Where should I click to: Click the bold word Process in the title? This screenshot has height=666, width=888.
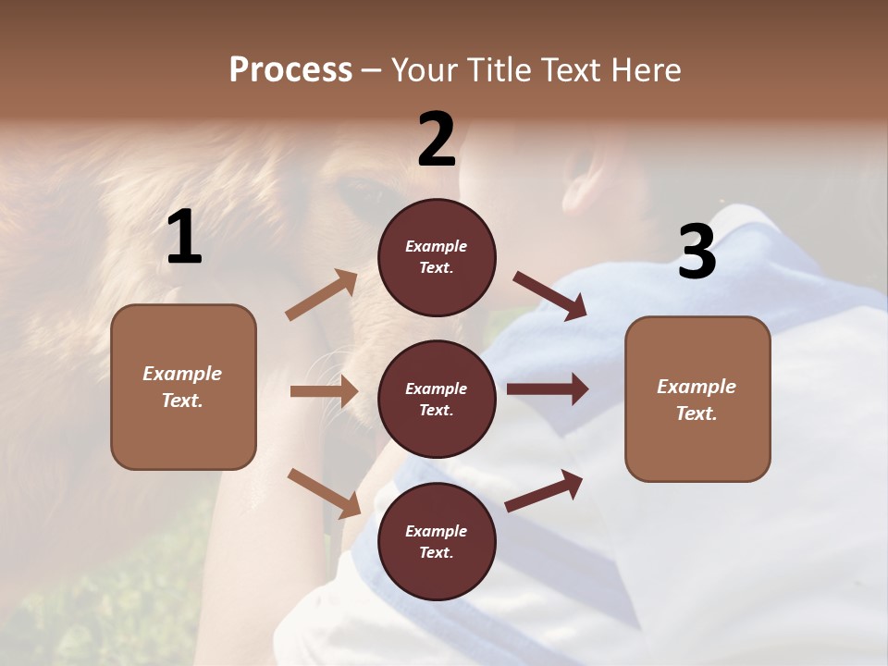[x=290, y=70]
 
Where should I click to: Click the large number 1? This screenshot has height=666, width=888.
[x=184, y=239]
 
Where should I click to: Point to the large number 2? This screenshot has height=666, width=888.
[x=437, y=141]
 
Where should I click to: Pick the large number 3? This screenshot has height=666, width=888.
[x=697, y=252]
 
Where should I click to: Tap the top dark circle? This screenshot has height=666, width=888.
[x=437, y=257]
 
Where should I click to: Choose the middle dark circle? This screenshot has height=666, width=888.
[x=437, y=400]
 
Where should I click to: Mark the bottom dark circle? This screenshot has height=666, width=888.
[x=437, y=542]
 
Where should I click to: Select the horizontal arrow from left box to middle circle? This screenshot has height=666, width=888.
[x=324, y=391]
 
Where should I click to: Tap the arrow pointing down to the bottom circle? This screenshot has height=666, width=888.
[x=324, y=492]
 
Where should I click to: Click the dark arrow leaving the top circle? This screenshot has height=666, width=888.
[x=550, y=296]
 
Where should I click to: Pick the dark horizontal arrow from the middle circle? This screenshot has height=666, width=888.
[x=547, y=389]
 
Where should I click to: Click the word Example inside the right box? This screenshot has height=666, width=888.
[x=697, y=387]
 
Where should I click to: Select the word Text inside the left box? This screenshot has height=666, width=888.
[x=181, y=401]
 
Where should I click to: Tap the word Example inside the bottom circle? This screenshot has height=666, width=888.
[x=437, y=531]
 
